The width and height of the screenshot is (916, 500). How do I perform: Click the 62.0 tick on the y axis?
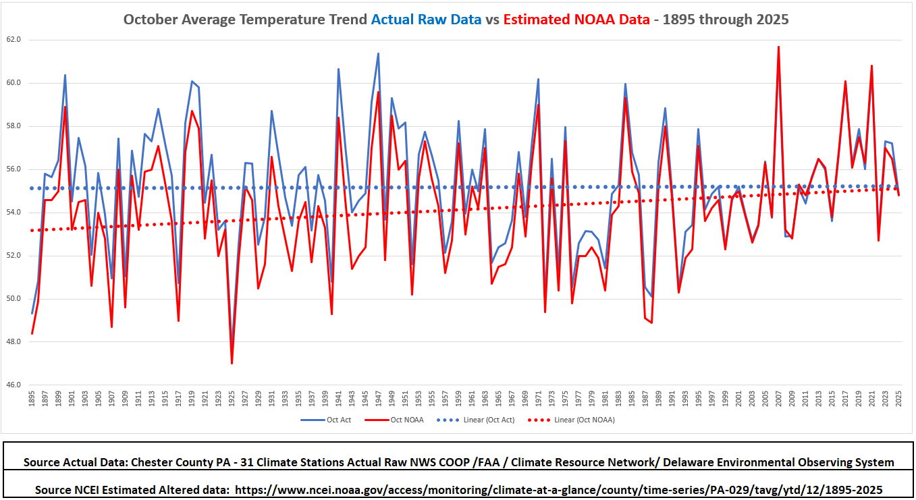14,40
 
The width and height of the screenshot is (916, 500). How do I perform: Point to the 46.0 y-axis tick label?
14,385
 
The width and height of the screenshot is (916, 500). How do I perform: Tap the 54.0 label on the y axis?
14,213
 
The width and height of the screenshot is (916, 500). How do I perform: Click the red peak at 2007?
778,47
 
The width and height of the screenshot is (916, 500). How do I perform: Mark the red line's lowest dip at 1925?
232,363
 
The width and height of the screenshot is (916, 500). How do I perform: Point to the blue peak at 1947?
378,53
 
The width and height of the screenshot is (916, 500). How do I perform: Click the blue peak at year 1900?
65,75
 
